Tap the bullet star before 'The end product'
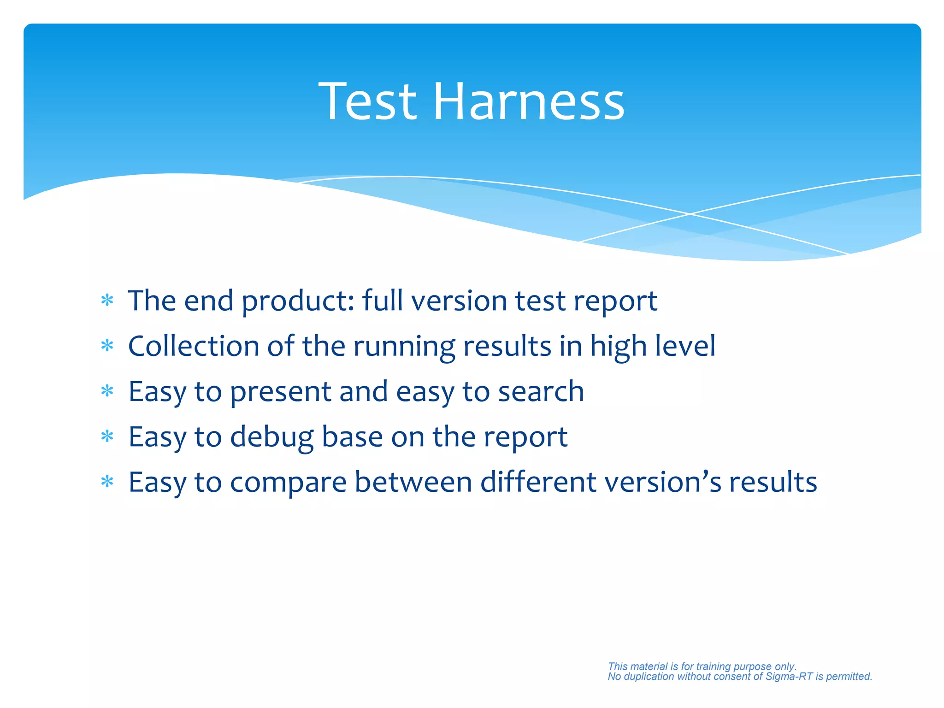107,301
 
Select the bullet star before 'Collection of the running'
107,346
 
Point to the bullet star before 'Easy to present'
107,391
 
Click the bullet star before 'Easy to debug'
107,437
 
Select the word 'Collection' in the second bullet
194,346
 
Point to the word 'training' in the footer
713,667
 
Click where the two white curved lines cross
690,214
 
